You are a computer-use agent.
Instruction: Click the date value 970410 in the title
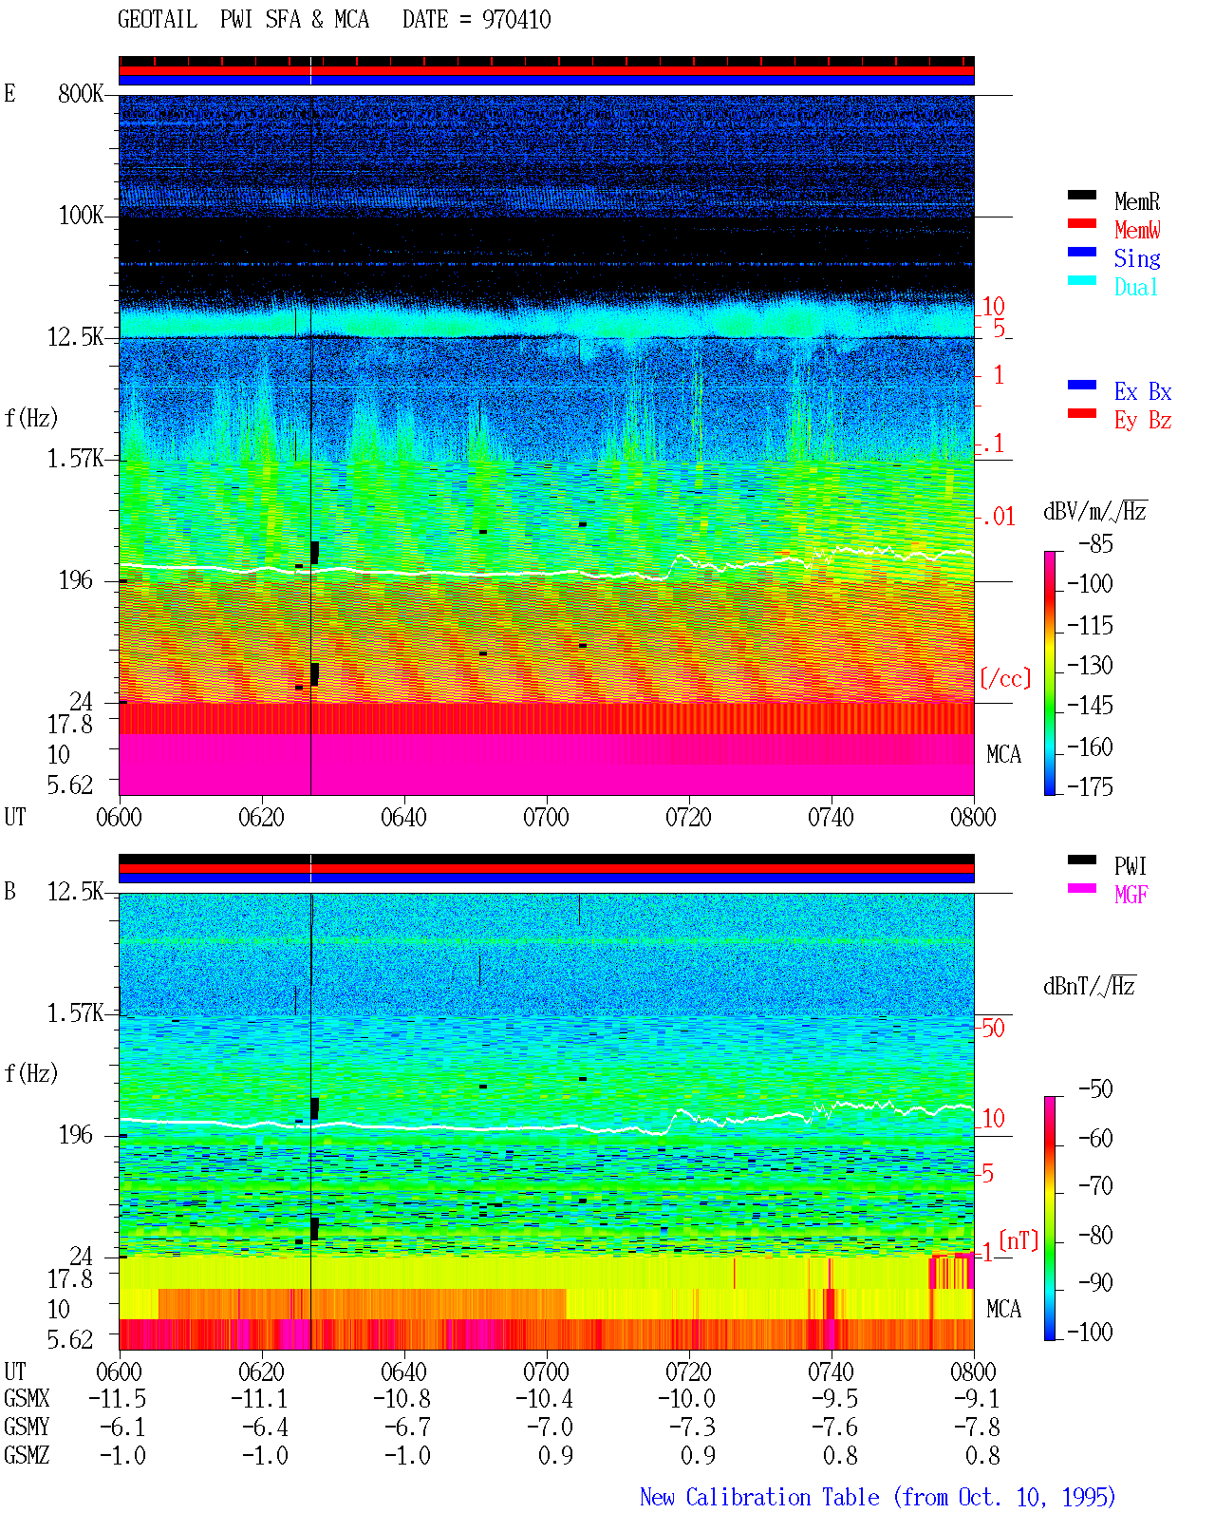(x=515, y=20)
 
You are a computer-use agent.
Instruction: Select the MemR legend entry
(x=1136, y=201)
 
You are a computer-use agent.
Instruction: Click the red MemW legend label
(x=1136, y=230)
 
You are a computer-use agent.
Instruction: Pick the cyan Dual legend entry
(x=1135, y=287)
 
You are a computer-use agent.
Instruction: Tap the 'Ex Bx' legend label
(x=1142, y=391)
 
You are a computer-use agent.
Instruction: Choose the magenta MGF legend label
(x=1131, y=895)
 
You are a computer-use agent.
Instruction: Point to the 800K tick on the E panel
(x=81, y=93)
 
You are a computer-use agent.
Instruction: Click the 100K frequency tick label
(x=81, y=216)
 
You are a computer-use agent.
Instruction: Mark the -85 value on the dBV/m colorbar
(x=1094, y=543)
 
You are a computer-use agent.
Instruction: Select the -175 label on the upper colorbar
(x=1090, y=786)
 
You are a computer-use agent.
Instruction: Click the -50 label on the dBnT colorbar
(x=1094, y=1089)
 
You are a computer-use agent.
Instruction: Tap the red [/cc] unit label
(x=1005, y=678)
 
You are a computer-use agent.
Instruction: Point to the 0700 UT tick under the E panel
(x=546, y=818)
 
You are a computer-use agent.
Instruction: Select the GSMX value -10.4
(x=545, y=1399)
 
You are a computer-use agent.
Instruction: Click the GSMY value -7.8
(x=977, y=1428)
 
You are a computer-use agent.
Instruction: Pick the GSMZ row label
(x=27, y=1455)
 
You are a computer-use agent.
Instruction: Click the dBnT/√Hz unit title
(x=1089, y=986)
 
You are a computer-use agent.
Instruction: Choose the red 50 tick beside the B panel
(x=993, y=1029)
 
